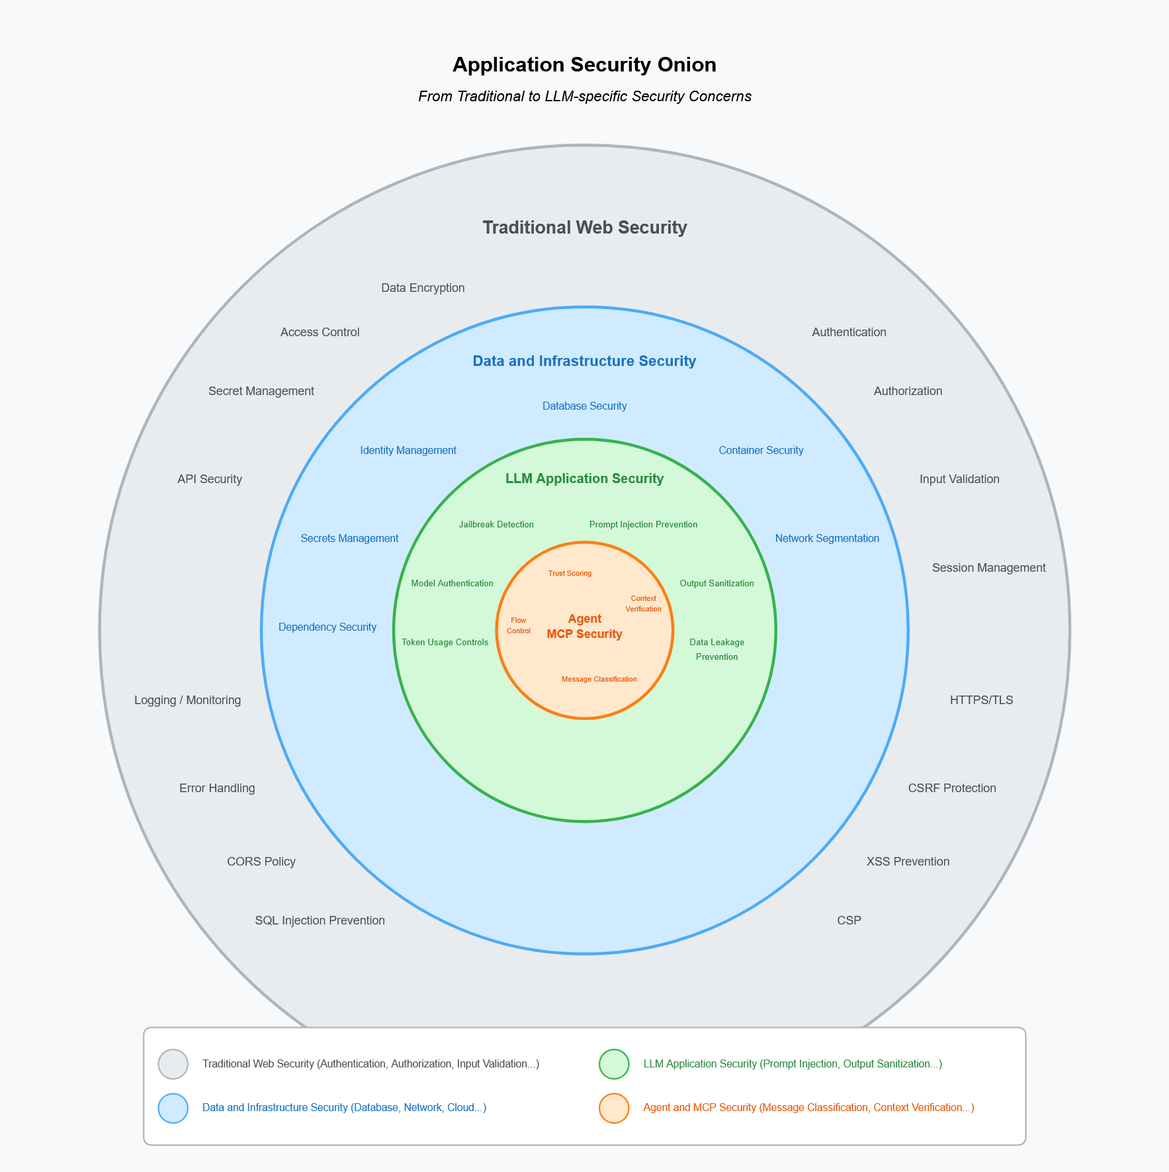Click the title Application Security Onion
click(584, 65)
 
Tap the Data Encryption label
click(423, 288)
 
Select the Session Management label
click(988, 568)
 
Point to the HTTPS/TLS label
click(981, 700)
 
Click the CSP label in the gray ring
click(849, 921)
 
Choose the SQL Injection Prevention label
click(320, 921)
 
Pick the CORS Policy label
click(261, 862)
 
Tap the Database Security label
click(584, 406)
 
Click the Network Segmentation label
click(827, 539)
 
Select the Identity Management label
click(408, 451)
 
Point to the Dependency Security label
click(327, 627)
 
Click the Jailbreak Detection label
click(496, 525)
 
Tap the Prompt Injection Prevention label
click(643, 525)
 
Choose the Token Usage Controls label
click(445, 643)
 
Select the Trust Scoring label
click(570, 573)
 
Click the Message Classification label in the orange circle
click(599, 679)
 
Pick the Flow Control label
click(519, 625)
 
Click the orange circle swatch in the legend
click(614, 1108)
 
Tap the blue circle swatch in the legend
click(173, 1108)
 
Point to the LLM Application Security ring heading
click(584, 478)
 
